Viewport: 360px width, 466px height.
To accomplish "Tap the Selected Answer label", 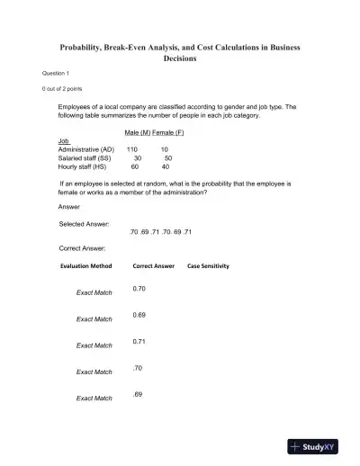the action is (x=84, y=223).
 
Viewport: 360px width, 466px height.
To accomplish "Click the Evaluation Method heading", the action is (x=86, y=266).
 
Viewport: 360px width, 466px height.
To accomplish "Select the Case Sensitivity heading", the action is (x=208, y=266).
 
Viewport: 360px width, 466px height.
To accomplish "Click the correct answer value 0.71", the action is (x=139, y=342).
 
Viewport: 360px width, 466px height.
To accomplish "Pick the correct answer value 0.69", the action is (x=139, y=315).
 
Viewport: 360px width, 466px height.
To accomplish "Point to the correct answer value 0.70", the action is (x=139, y=289).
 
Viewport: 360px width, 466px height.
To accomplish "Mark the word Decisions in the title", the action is (x=180, y=58).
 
